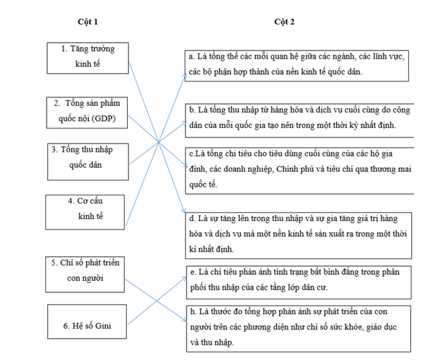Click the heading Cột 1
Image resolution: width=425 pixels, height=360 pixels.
87,21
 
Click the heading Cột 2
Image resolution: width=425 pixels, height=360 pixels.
284,21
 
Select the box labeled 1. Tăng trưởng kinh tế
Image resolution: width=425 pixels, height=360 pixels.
87,58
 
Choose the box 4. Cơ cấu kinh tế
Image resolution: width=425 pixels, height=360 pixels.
87,209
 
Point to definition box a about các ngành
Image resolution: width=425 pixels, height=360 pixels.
295,65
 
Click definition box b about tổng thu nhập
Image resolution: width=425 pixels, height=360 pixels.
296,118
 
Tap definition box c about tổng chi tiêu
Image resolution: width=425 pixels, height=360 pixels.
296,169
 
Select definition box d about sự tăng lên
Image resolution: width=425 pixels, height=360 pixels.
296,233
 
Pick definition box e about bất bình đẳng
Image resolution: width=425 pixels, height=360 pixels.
296,279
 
